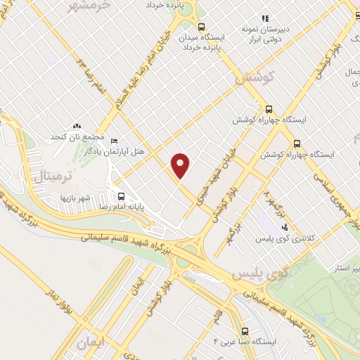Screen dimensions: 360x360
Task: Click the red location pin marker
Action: point(181,165)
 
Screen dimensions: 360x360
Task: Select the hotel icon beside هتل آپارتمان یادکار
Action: point(115,141)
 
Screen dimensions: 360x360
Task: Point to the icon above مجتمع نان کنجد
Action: point(77,124)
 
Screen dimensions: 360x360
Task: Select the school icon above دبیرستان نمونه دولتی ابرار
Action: point(264,18)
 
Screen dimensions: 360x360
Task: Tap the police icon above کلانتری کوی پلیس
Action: point(284,227)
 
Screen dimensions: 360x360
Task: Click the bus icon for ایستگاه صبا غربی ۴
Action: point(245,330)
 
